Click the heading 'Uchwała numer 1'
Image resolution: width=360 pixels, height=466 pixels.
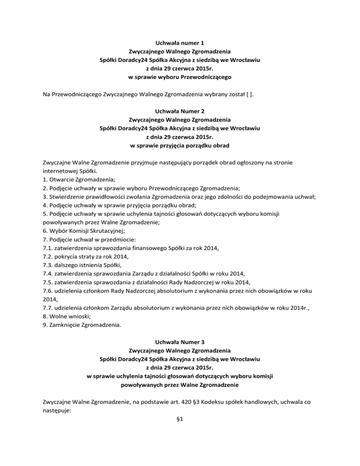[x=180, y=43]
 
